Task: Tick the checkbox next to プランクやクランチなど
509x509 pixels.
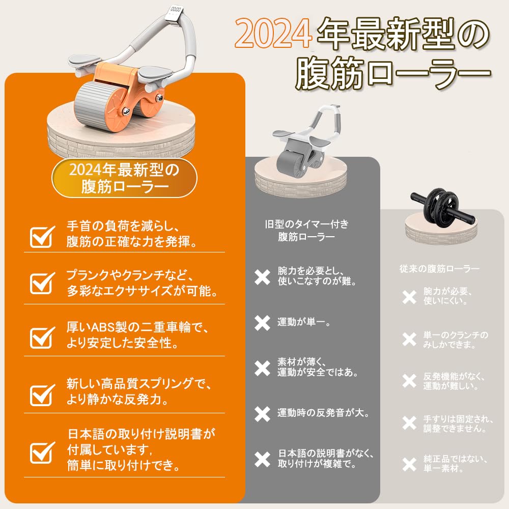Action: (42, 284)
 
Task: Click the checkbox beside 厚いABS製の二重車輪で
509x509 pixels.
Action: (42, 336)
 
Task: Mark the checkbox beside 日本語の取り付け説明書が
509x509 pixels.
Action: (42, 451)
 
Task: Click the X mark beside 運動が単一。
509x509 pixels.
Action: (262, 323)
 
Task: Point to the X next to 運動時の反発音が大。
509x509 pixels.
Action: (262, 414)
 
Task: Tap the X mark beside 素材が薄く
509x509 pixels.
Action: (262, 367)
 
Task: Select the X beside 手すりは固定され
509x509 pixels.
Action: (409, 423)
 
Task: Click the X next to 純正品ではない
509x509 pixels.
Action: (409, 464)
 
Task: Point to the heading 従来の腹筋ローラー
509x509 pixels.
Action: (439, 268)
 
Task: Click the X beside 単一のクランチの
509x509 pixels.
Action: (409, 340)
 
